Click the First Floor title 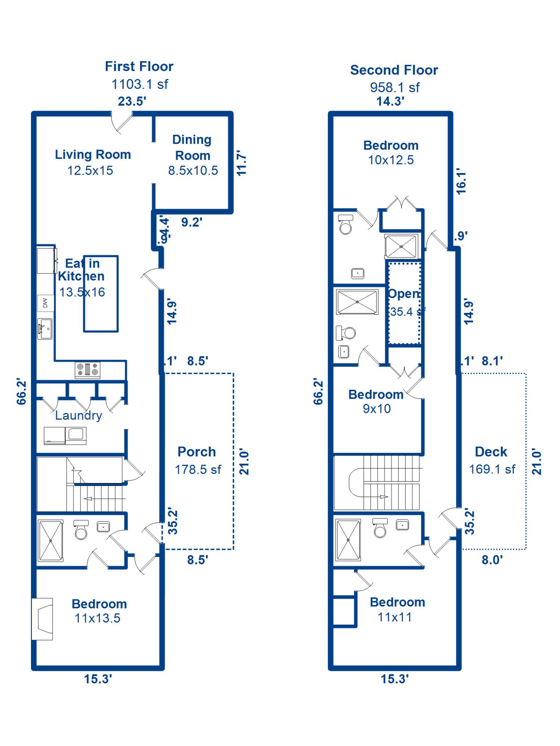139,66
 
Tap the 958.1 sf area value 395,88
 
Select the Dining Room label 192,147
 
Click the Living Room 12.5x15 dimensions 90,170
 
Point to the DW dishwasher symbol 45,303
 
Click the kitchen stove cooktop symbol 87,370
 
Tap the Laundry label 78,415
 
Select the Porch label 197,452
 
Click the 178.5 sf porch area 198,469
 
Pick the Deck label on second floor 491,452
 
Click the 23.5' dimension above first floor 132,101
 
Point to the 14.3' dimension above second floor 390,101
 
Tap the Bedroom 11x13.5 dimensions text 97,618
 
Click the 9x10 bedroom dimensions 377,409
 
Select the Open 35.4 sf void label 404,302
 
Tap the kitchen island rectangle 101,294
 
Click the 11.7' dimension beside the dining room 242,163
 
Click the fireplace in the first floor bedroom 42,619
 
